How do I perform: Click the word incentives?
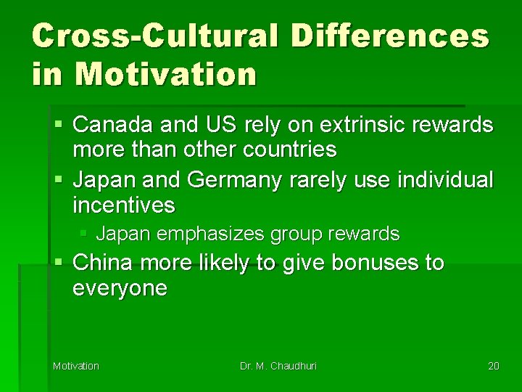[124, 205]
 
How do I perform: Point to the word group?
[299, 234]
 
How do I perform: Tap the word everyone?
[120, 288]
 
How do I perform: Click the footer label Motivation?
[76, 366]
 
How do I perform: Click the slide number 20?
[494, 366]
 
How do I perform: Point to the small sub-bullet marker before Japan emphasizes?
[84, 234]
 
